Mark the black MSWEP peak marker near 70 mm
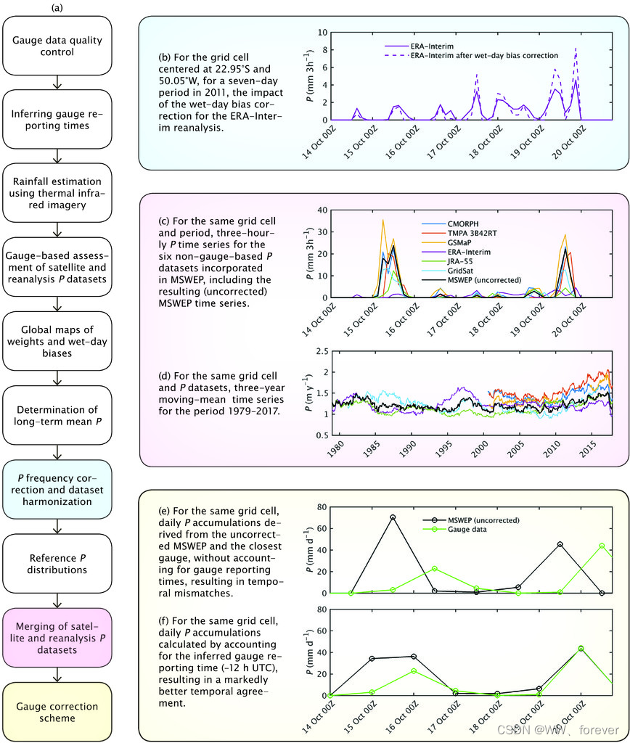393,517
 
